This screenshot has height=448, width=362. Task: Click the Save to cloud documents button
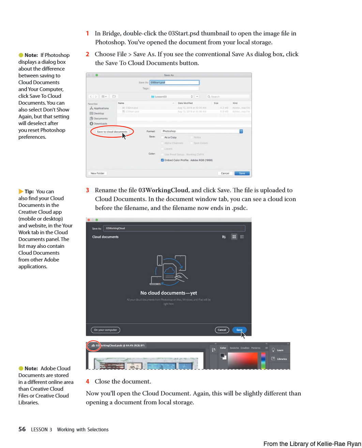112,132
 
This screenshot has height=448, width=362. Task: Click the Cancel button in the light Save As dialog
225,173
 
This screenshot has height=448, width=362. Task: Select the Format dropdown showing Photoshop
202,131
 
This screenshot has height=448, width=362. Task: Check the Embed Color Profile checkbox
162,160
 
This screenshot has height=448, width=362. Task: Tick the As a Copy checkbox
162,137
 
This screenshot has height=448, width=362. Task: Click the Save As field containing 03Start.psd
174,83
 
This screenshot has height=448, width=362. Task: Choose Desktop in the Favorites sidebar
99,114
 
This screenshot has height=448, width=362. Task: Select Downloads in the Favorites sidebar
100,124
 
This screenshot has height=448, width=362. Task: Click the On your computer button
105,330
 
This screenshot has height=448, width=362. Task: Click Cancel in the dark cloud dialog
222,330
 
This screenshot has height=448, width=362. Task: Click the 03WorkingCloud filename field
174,228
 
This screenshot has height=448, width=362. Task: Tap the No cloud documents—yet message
169,293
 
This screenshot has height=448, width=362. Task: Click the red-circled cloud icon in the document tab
93,346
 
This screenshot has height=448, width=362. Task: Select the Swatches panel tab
234,348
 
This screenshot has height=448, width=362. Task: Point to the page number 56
22,429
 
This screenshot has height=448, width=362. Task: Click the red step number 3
88,190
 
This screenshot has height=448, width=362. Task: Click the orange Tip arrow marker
21,192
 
